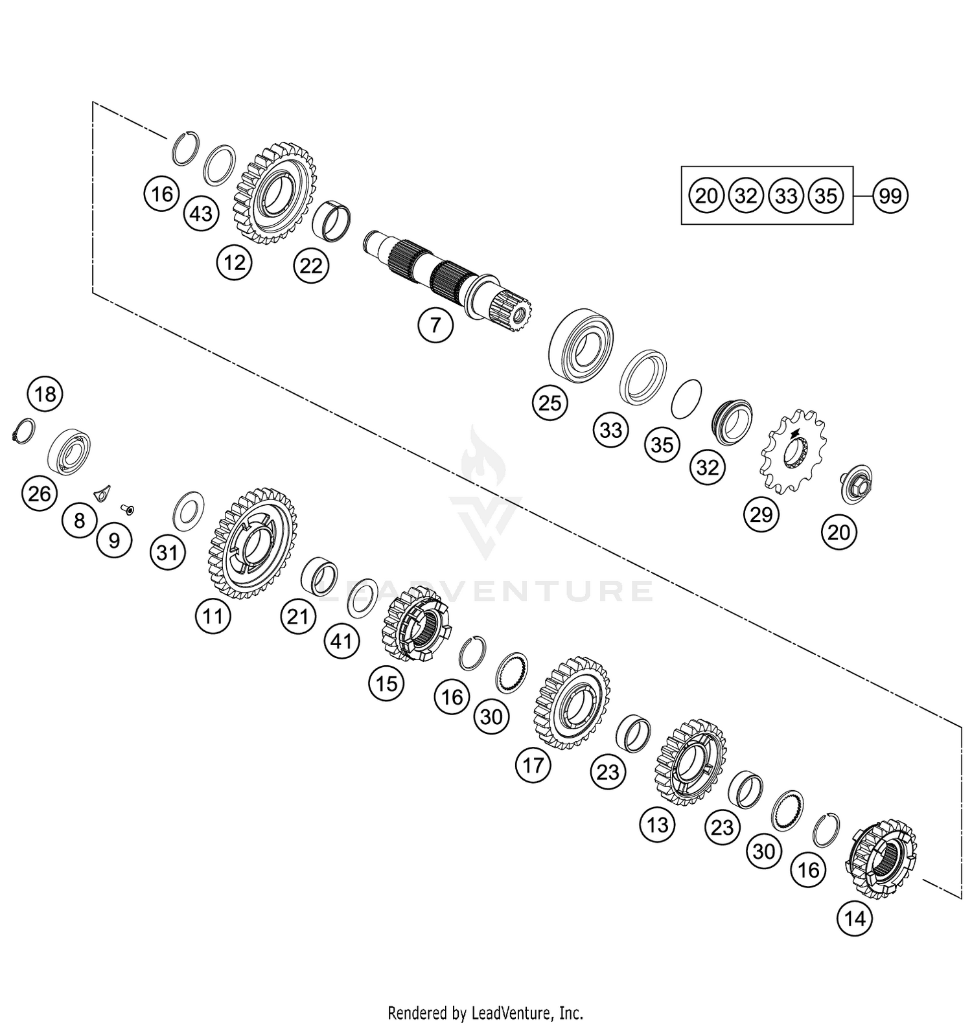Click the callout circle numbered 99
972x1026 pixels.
[x=890, y=195]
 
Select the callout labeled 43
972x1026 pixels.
[x=202, y=213]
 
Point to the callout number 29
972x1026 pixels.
[x=761, y=514]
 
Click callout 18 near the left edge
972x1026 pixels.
[x=45, y=394]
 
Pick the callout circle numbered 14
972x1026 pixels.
[x=855, y=918]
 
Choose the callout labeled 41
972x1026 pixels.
[x=341, y=641]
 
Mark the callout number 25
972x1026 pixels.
[x=550, y=404]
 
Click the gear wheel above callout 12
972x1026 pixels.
[x=275, y=194]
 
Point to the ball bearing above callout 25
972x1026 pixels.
[x=581, y=344]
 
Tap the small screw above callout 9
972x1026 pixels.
[x=128, y=510]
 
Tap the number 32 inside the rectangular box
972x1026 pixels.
[x=746, y=195]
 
